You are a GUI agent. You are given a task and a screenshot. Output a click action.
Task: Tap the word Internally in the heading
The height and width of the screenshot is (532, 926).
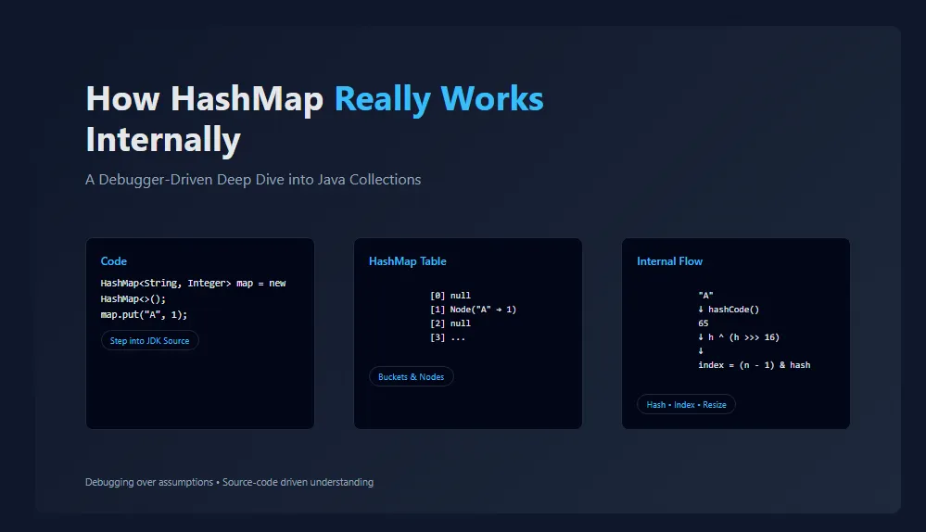click(163, 140)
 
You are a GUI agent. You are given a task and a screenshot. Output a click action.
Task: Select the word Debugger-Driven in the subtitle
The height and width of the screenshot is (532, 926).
click(156, 180)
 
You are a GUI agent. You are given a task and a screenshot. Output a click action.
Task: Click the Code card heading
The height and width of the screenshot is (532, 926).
click(113, 261)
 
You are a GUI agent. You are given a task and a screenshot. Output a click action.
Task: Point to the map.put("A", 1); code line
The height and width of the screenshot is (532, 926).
click(144, 315)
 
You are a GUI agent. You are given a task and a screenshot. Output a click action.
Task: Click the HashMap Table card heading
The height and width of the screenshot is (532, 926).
click(408, 261)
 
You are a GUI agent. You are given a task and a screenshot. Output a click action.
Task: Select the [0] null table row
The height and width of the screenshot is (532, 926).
click(450, 296)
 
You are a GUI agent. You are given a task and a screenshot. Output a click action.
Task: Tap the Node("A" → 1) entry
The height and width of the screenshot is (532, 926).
click(483, 310)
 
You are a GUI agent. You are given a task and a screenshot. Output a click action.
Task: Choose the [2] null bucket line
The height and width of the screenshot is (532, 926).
click(450, 323)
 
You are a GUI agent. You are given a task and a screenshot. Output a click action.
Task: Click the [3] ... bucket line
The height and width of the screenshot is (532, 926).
click(448, 337)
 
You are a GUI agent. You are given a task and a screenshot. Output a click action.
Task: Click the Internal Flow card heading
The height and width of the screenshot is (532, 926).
click(669, 261)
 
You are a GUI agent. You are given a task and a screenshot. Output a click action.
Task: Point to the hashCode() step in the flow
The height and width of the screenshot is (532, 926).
click(733, 310)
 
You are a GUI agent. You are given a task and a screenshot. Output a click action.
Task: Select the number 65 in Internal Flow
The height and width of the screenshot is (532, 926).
click(703, 323)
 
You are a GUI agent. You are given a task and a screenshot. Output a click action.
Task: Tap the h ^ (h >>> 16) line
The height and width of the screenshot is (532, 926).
click(743, 337)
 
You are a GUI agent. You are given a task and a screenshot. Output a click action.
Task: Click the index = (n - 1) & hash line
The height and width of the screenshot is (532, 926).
click(755, 365)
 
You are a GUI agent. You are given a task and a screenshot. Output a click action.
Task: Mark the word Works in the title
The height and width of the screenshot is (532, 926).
click(492, 99)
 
